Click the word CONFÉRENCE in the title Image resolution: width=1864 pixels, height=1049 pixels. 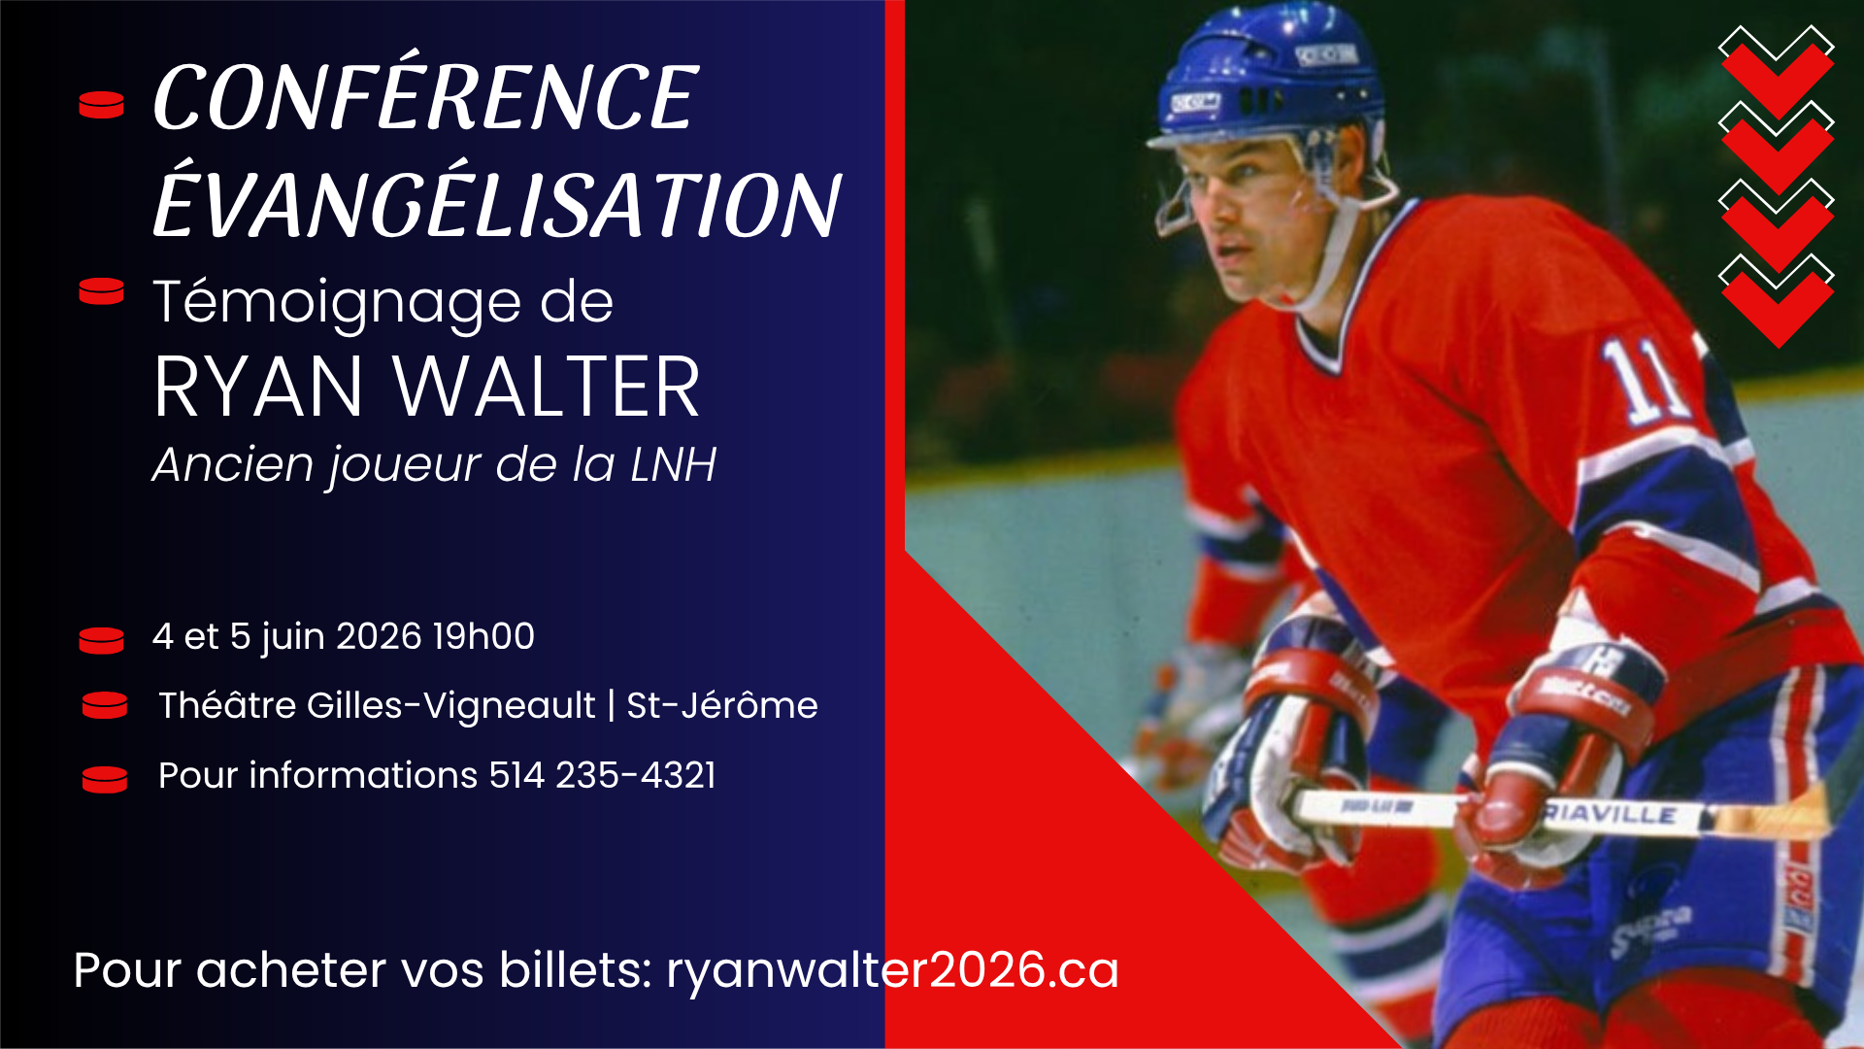point(425,97)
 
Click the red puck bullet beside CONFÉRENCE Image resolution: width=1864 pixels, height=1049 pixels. point(101,105)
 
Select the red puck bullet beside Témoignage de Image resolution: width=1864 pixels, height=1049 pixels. point(101,291)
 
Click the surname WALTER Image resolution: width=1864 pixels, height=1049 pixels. point(546,388)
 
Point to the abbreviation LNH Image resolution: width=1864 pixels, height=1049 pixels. point(673,464)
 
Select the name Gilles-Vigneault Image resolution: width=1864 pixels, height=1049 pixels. point(450,705)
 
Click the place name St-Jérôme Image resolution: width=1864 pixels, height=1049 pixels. point(721,705)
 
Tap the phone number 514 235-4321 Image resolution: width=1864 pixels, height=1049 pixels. point(602,775)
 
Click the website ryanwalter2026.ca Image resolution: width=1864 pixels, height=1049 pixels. point(892,969)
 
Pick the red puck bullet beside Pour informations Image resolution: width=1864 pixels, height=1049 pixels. point(105,779)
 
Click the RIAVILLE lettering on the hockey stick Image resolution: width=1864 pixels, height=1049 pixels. point(1612,814)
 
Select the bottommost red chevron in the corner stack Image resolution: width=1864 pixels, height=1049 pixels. point(1777,306)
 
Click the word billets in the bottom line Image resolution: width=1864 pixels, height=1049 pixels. point(574,969)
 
